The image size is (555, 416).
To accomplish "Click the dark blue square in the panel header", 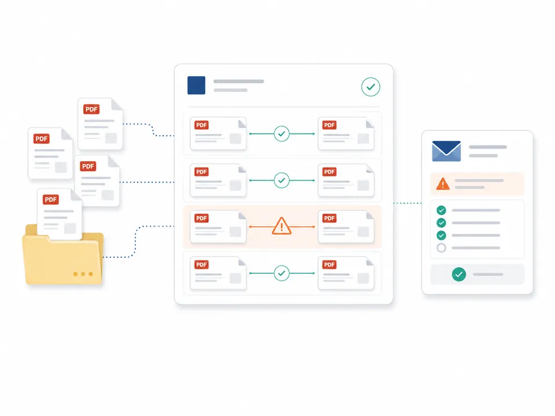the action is click(196, 86).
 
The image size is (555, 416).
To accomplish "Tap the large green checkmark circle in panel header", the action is click(371, 87).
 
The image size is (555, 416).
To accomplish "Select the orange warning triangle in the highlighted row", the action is click(282, 226).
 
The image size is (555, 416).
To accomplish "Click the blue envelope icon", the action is click(446, 151).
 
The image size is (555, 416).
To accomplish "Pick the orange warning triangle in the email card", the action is click(443, 184).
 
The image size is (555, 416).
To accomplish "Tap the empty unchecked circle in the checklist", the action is click(441, 248).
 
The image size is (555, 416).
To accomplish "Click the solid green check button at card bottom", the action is click(458, 274).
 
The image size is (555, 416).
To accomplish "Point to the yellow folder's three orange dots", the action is click(83, 274).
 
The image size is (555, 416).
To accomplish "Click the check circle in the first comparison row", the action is click(282, 133).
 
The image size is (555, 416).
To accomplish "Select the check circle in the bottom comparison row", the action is click(282, 273).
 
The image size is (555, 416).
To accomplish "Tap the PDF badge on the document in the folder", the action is click(51, 199).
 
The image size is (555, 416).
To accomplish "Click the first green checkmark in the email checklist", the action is click(441, 210).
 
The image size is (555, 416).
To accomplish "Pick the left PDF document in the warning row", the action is click(218, 226).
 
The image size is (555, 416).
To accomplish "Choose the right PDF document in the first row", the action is click(346, 133).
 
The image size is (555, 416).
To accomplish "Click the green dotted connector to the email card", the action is click(408, 203).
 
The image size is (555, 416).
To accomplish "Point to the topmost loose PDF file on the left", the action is click(100, 124).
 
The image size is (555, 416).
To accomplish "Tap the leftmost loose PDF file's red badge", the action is click(42, 139).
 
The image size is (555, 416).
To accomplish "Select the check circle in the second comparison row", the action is click(282, 180).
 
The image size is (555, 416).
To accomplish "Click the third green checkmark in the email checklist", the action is click(441, 235).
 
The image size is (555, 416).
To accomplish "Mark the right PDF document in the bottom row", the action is click(346, 273).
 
